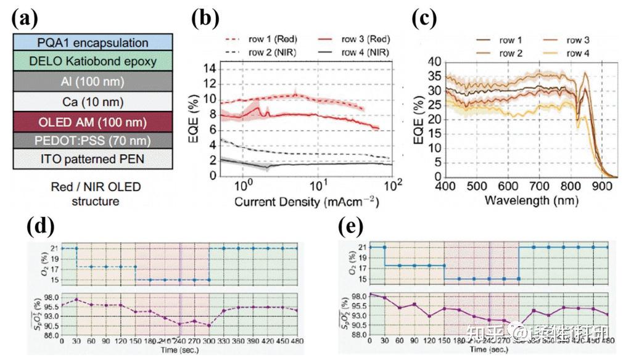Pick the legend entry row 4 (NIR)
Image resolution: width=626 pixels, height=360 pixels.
tap(364, 52)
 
